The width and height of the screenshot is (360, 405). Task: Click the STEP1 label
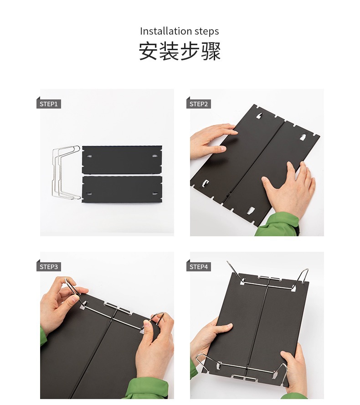(x=48, y=104)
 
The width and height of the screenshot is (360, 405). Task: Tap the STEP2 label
(x=198, y=104)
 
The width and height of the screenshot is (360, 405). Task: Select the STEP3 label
(x=48, y=267)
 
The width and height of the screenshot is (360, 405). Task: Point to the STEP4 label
(x=198, y=267)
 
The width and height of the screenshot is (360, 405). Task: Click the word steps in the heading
(x=207, y=31)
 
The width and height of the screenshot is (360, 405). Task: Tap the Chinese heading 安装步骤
(x=180, y=51)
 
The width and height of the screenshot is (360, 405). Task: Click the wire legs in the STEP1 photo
(x=66, y=172)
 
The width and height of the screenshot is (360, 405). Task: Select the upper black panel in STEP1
(x=122, y=159)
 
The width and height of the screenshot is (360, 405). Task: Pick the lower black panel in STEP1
(x=122, y=189)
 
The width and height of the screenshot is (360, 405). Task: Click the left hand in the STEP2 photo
(x=213, y=141)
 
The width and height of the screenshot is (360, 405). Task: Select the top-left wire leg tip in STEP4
(x=227, y=262)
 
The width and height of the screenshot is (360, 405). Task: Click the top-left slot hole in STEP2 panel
(x=259, y=116)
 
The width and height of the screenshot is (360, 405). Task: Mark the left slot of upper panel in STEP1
(x=89, y=156)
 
